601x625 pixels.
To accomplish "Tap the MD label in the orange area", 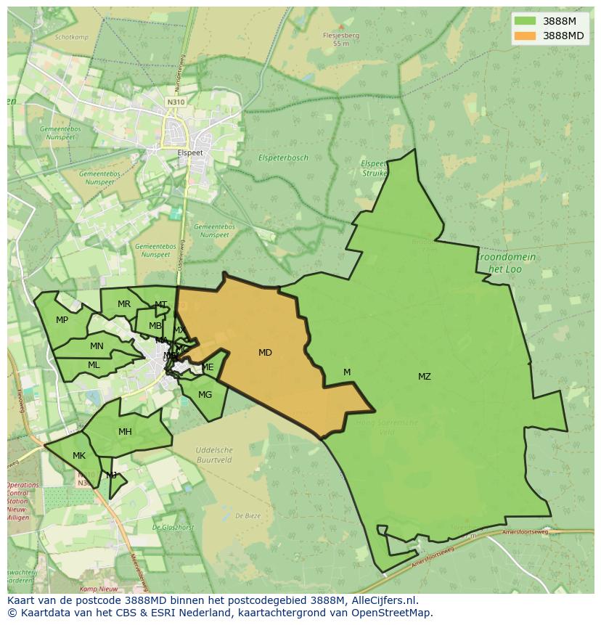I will [265, 353].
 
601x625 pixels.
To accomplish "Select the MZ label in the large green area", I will [425, 377].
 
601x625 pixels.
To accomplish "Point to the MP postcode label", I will [62, 320].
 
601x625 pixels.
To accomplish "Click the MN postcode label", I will [97, 346].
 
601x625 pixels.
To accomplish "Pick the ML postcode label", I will [94, 365].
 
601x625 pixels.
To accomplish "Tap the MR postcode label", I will [124, 304].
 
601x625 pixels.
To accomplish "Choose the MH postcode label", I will [125, 432].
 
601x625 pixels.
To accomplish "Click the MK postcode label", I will [79, 456].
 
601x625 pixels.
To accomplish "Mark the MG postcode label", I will [205, 395].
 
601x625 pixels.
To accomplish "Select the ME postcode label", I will [208, 367].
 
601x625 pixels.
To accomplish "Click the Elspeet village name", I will [190, 153].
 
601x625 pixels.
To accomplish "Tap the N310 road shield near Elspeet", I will [175, 102].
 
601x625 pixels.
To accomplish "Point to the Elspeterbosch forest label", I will [283, 158].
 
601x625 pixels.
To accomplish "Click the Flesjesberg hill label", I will [341, 35].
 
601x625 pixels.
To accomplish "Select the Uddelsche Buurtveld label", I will [214, 455].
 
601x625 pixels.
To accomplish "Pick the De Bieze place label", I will [248, 516].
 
